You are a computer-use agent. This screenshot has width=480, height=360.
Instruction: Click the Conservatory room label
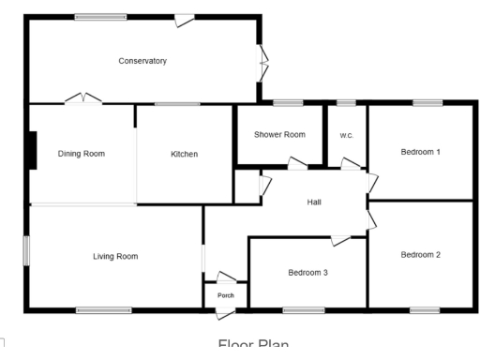142,61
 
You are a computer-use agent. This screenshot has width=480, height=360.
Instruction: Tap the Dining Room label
82,154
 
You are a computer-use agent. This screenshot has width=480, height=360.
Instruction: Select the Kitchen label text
184,154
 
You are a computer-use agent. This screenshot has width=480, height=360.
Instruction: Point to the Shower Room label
279,135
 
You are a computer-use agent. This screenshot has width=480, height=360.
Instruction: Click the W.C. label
346,135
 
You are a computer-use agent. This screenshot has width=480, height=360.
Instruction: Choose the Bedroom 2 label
420,254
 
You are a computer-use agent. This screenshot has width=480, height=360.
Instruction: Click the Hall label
315,202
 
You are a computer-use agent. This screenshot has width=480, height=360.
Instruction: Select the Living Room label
115,255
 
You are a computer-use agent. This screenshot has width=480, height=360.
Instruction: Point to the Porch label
225,295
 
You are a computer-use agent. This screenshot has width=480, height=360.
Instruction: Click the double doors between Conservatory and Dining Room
82,97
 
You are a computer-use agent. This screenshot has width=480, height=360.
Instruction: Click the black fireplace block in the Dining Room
32,151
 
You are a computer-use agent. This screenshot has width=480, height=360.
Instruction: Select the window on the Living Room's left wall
27,250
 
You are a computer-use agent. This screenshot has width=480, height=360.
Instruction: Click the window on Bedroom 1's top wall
427,103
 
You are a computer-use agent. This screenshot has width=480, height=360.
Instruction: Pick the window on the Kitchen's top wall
171,103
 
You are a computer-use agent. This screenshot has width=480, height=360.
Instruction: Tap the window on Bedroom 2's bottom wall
424,309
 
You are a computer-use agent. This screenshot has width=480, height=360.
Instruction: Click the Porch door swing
226,277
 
